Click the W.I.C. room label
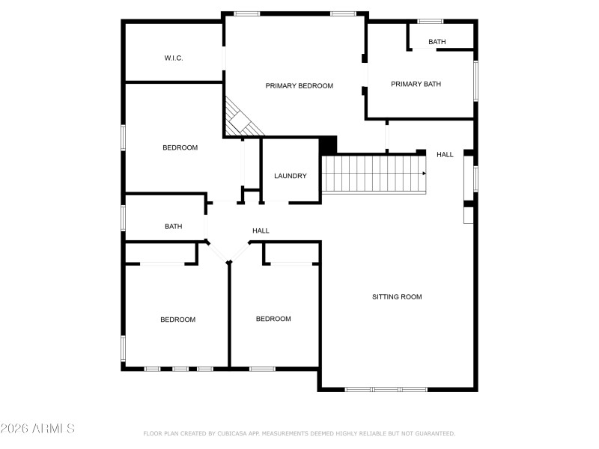pyautogui.click(x=174, y=58)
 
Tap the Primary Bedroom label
pyautogui.click(x=299, y=86)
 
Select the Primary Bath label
pyautogui.click(x=416, y=84)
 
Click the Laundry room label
pyautogui.click(x=291, y=176)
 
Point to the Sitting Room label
pyautogui.click(x=397, y=297)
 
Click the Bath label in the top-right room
pyautogui.click(x=437, y=42)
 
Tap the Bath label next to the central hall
pyautogui.click(x=174, y=226)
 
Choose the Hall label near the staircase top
pyautogui.click(x=445, y=155)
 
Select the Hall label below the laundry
pyautogui.click(x=261, y=230)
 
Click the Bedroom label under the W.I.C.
pyautogui.click(x=180, y=147)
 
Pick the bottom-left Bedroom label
pyautogui.click(x=177, y=320)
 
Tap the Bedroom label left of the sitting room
pyautogui.click(x=273, y=319)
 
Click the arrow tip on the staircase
pyautogui.click(x=425, y=174)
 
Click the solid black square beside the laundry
pyautogui.click(x=328, y=144)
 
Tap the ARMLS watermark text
pyautogui.click(x=38, y=429)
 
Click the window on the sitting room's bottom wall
pyautogui.click(x=386, y=389)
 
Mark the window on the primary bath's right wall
pyautogui.click(x=475, y=80)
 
